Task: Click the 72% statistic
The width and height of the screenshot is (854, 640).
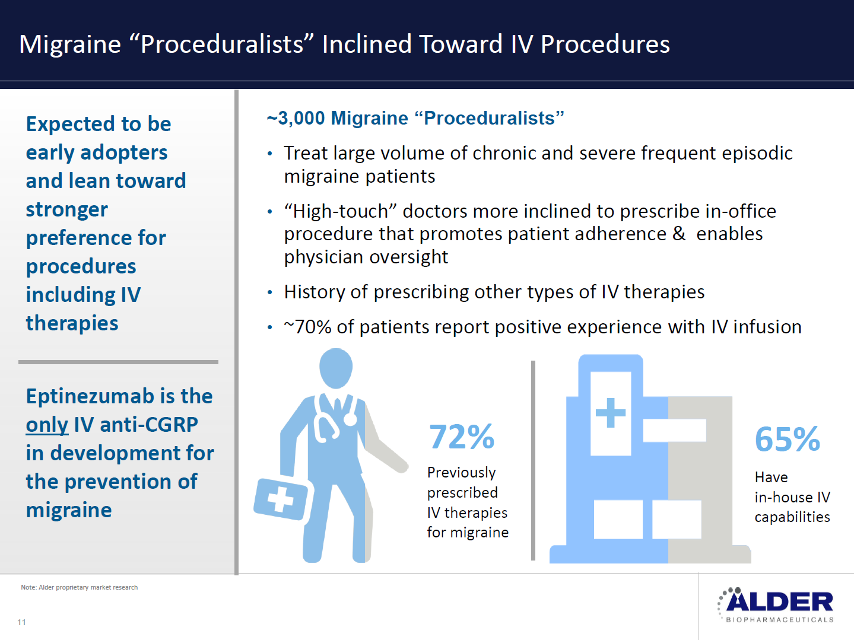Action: click(462, 437)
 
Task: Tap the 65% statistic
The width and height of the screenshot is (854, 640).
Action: click(788, 439)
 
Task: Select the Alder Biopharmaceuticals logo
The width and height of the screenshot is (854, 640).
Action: click(776, 605)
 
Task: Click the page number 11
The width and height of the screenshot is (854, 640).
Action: click(21, 622)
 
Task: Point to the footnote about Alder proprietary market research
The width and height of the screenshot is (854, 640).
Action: click(80, 587)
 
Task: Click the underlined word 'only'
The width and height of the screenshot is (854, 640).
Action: click(47, 425)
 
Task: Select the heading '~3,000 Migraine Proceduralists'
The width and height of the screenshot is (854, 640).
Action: click(415, 118)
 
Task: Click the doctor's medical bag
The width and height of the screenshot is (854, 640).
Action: click(281, 499)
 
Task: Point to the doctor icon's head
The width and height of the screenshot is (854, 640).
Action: click(336, 368)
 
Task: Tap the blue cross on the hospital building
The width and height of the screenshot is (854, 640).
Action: click(611, 413)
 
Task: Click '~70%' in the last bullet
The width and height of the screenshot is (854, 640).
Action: click(307, 327)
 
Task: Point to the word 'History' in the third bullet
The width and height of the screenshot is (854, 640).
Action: click(314, 292)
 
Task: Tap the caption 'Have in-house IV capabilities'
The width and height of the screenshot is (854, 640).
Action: click(792, 497)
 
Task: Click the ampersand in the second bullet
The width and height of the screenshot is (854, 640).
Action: click(679, 234)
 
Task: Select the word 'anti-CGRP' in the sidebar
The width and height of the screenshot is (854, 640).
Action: click(148, 425)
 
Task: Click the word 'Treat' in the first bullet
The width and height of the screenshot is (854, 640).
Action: click(306, 153)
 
